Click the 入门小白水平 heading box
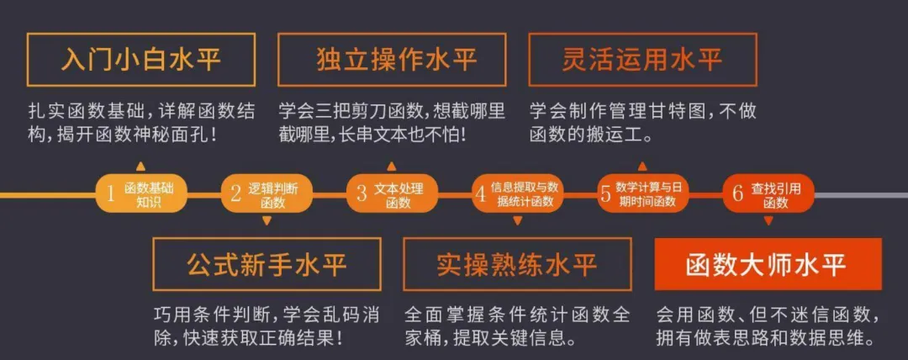coord(141,60)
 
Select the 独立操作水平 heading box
coord(392,60)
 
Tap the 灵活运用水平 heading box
coord(642,60)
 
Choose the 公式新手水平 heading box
coord(267,264)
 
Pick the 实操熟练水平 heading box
coord(517,264)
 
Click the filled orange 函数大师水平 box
coord(768,264)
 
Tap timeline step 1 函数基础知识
coord(140,194)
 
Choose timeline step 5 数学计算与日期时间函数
coord(641,194)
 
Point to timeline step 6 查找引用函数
coord(767,194)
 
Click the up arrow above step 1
coord(140,166)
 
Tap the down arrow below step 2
coord(267,221)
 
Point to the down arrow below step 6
coord(768,221)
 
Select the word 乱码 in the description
coord(330,315)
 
